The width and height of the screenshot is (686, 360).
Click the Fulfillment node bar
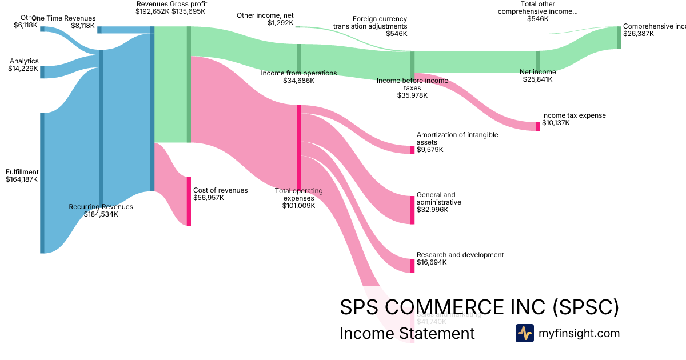click(42, 183)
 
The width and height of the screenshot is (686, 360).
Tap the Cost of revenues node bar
click(189, 201)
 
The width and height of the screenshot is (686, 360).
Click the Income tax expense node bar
click(537, 126)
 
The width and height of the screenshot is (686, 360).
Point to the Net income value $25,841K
click(537, 79)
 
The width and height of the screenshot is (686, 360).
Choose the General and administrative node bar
click(412, 210)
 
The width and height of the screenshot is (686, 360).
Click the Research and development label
click(460, 255)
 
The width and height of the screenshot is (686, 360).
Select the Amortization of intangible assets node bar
click(412, 150)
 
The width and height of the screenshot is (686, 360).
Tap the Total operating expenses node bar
click(298, 146)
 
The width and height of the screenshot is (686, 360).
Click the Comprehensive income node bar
click(619, 38)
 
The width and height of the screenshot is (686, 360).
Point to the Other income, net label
click(265, 15)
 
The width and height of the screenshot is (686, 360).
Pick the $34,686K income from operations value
click(298, 81)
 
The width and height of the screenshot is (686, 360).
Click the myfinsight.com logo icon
click(524, 333)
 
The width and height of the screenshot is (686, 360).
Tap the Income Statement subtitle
click(407, 333)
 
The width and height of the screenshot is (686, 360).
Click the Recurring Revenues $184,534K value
click(101, 214)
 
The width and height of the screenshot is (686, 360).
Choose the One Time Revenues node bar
click(99, 30)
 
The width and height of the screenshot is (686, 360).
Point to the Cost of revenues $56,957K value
click(209, 198)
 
